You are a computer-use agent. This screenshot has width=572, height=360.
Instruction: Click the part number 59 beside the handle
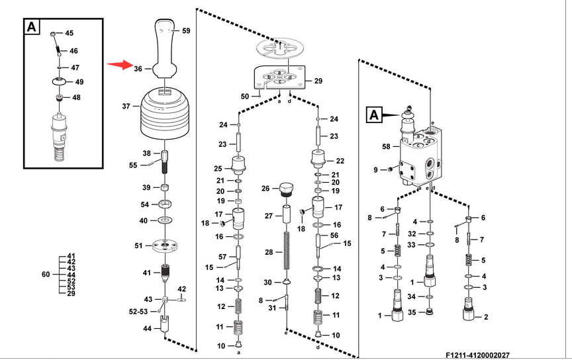click(186, 31)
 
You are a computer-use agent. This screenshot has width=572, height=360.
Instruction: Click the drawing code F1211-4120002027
click(478, 355)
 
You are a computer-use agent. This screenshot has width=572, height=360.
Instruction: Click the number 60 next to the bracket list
click(46, 274)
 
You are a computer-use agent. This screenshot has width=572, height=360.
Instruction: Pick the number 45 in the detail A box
click(69, 33)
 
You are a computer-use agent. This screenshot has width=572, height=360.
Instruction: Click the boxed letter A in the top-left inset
click(32, 27)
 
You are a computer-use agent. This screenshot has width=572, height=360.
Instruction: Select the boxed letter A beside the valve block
click(373, 115)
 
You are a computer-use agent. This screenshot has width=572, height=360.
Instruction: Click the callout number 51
click(138, 246)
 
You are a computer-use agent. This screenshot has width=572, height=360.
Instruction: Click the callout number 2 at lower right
click(486, 317)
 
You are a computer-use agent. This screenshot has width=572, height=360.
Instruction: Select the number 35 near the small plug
click(412, 311)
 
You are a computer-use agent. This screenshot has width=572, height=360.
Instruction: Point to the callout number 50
click(244, 97)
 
